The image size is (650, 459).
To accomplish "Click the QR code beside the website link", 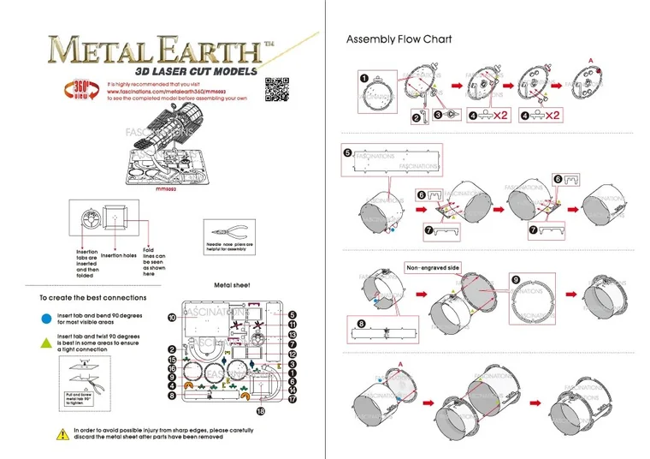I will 275,89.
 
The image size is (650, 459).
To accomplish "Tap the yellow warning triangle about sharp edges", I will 62,433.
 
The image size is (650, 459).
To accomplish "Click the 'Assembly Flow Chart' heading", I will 399,39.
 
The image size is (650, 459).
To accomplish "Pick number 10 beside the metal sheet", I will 172,317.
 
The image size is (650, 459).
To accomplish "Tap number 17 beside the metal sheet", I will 292,397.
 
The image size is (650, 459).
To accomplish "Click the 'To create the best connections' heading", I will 93,298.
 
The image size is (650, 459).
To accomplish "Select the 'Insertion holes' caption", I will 119,255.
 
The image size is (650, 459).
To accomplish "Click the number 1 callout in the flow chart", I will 363,79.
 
